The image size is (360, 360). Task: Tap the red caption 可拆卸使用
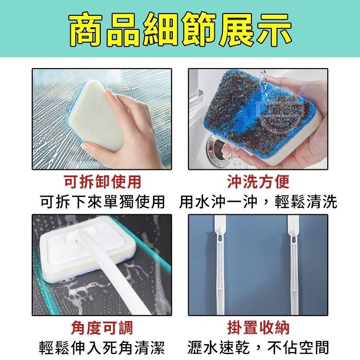point(102,182)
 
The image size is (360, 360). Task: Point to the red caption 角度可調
point(102,328)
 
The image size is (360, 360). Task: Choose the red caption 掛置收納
point(258,328)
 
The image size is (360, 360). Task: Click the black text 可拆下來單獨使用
point(102,202)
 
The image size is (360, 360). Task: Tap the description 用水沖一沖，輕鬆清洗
point(258,202)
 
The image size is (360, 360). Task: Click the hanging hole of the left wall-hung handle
point(220,238)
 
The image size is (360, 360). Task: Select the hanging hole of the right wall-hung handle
point(293,238)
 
